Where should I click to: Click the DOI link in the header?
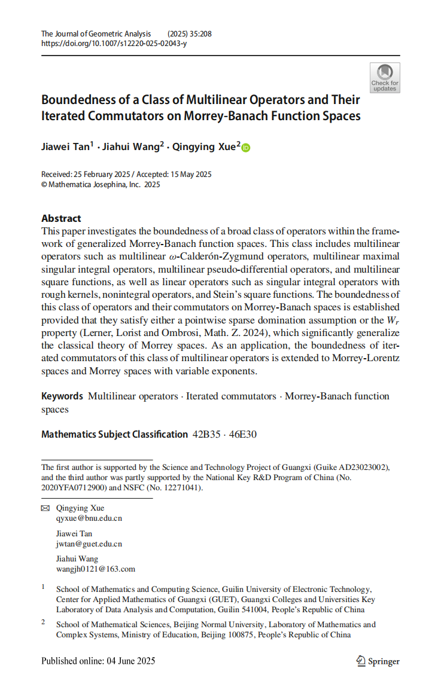coord(114,44)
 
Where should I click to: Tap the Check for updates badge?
coord(385,78)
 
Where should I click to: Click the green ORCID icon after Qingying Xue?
coord(246,148)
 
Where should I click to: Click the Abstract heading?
coord(61,218)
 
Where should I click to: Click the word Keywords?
coord(62,396)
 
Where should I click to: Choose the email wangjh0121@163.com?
coord(95,569)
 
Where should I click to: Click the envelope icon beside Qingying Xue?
coord(45,508)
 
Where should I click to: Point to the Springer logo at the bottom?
coord(378,661)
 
